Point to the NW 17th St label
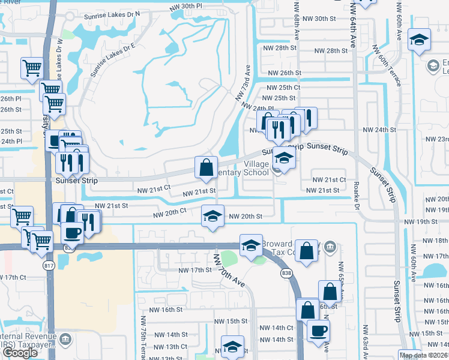pyautogui.click(x=195, y=270)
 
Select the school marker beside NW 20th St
pyautogui.click(x=212, y=217)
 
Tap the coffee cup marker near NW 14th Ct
pyautogui.click(x=318, y=329)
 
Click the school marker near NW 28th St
pyautogui.click(x=418, y=40)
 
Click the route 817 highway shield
pyautogui.click(x=49, y=265)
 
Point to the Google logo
pyautogui.click(x=20, y=353)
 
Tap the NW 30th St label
pyautogui.click(x=319, y=19)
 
